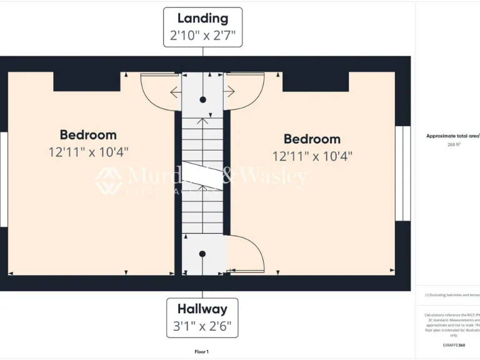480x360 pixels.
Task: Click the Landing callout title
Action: click(202, 18)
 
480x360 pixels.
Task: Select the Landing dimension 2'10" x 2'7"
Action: click(202, 36)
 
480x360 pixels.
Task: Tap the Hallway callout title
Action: click(202, 309)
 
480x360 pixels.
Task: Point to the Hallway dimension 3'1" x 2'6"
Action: click(202, 326)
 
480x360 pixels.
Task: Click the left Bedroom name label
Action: click(88, 135)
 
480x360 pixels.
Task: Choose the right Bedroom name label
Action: click(312, 139)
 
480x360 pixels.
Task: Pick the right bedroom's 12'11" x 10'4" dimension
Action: click(312, 156)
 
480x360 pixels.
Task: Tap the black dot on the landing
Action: click(202, 100)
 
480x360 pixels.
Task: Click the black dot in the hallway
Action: click(202, 254)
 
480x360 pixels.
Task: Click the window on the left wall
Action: click(3, 179)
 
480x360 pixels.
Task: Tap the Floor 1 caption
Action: click(201, 352)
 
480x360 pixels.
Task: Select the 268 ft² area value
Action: click(454, 144)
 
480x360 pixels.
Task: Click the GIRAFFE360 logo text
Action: click(454, 345)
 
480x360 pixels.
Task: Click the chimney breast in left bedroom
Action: click(87, 81)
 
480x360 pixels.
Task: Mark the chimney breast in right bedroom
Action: click(316, 81)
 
